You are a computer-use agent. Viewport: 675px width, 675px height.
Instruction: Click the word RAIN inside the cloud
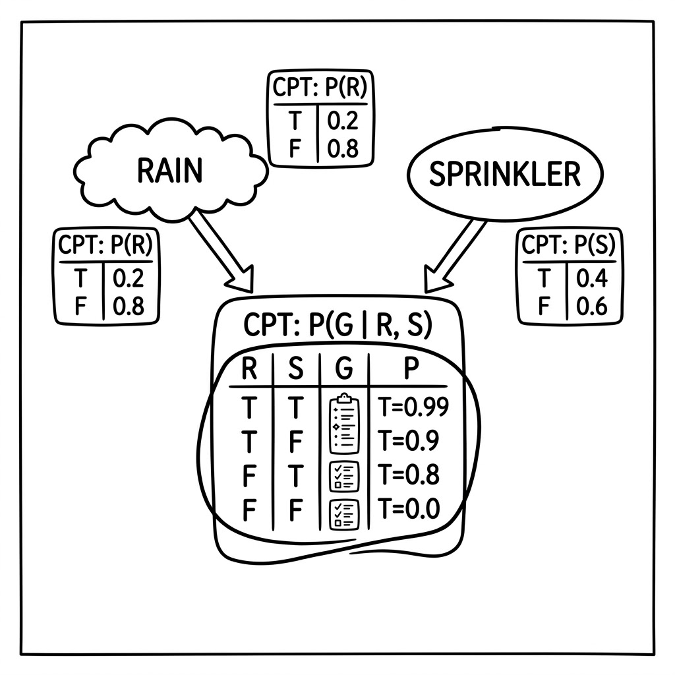(169, 171)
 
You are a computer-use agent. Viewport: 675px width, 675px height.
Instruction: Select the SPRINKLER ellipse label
(505, 174)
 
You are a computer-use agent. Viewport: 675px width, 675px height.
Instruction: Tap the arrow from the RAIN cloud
(221, 250)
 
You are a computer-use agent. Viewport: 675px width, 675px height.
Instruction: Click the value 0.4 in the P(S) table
(591, 278)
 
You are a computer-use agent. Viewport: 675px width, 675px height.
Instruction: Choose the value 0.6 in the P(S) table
(591, 307)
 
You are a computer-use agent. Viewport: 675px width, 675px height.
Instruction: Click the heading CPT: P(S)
(569, 245)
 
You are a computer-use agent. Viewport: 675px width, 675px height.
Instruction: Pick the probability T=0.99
(413, 407)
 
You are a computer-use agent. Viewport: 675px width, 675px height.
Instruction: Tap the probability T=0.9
(408, 440)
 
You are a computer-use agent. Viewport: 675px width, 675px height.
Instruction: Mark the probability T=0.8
(408, 475)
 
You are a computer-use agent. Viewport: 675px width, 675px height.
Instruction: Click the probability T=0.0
(408, 508)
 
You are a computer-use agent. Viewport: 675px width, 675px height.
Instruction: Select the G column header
(344, 368)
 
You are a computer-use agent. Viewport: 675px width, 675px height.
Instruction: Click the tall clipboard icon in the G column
(344, 424)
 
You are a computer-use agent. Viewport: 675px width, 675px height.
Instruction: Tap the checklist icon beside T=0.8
(344, 477)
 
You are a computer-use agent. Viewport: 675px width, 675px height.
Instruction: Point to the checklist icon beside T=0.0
(344, 514)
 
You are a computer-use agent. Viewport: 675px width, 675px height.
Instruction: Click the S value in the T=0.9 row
(295, 441)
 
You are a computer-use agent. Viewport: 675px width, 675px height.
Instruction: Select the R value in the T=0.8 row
(249, 475)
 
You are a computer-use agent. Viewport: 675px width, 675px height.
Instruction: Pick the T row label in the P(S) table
(544, 278)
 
